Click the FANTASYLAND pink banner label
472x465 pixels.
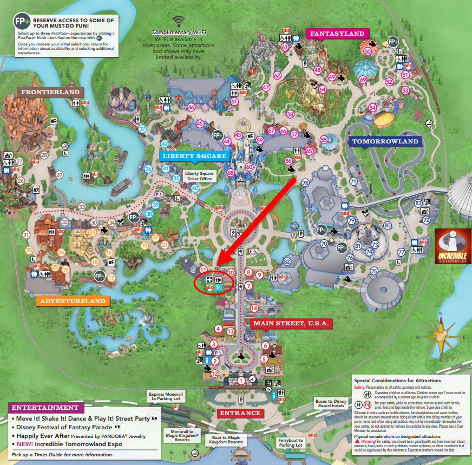(337, 34)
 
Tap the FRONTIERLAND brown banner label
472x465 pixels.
(50, 92)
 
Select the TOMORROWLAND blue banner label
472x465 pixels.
(385, 142)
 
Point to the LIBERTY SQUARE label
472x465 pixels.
(188, 156)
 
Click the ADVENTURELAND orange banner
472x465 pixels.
(73, 301)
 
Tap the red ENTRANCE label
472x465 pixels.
(240, 413)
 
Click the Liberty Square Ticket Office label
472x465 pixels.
(200, 176)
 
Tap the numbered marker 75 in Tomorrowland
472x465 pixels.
(373, 271)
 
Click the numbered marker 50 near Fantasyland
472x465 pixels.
(368, 51)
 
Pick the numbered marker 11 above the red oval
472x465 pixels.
(204, 269)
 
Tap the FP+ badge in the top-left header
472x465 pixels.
(21, 23)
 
